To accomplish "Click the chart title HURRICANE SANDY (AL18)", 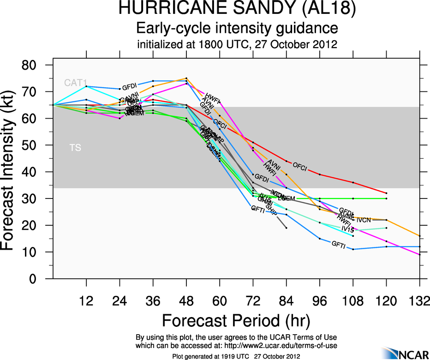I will [x=237, y=9].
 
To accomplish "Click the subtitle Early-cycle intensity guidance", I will [x=237, y=28].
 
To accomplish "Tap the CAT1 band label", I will [x=76, y=83].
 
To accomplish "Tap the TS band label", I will [x=75, y=148].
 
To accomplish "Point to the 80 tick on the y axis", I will [x=36, y=65].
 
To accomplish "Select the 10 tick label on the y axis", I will [x=36, y=252].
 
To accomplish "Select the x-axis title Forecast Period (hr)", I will [x=236, y=320].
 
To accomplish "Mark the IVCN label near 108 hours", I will [x=364, y=220].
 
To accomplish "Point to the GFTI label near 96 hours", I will [x=338, y=244].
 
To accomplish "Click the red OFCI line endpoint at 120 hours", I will [x=386, y=193].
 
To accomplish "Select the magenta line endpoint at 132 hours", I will [x=420, y=254].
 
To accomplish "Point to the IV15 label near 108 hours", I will [x=347, y=228].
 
